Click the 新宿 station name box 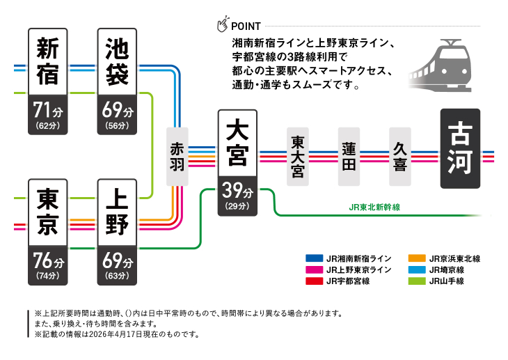(48, 61)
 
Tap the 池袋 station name (117, 61)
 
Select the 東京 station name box (48, 212)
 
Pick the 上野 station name (117, 212)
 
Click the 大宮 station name (237, 143)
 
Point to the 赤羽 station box (177, 157)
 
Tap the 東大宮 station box (298, 157)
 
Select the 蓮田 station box (349, 157)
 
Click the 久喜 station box (400, 157)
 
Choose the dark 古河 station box (460, 148)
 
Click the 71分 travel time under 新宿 (48, 110)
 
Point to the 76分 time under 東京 (48, 260)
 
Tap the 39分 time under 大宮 (237, 190)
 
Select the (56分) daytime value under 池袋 (117, 125)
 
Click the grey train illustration (440, 65)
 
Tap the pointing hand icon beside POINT (223, 24)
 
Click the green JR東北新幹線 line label (374, 208)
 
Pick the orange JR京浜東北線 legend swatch (417, 258)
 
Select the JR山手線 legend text (447, 281)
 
